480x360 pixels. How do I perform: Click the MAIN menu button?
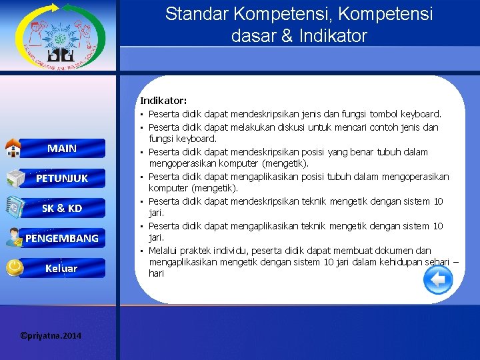coord(62,148)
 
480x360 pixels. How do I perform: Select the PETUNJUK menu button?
coord(62,178)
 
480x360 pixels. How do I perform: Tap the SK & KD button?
coord(62,208)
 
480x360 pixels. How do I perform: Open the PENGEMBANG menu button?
coord(62,238)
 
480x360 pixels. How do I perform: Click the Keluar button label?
coord(61,268)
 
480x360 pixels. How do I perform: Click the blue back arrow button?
coord(438,280)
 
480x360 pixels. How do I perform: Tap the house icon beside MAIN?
coord(13,147)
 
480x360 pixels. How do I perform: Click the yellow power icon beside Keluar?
coord(13,267)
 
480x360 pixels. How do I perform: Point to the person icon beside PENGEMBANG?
coord(13,237)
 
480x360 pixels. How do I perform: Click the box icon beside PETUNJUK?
coord(13,178)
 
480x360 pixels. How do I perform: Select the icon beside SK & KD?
coord(13,208)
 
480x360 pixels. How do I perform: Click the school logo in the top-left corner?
coord(59,37)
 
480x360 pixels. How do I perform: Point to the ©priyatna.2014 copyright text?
coord(51,335)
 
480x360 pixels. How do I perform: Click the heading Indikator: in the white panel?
coord(163,101)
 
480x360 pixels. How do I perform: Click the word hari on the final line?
coord(157,273)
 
